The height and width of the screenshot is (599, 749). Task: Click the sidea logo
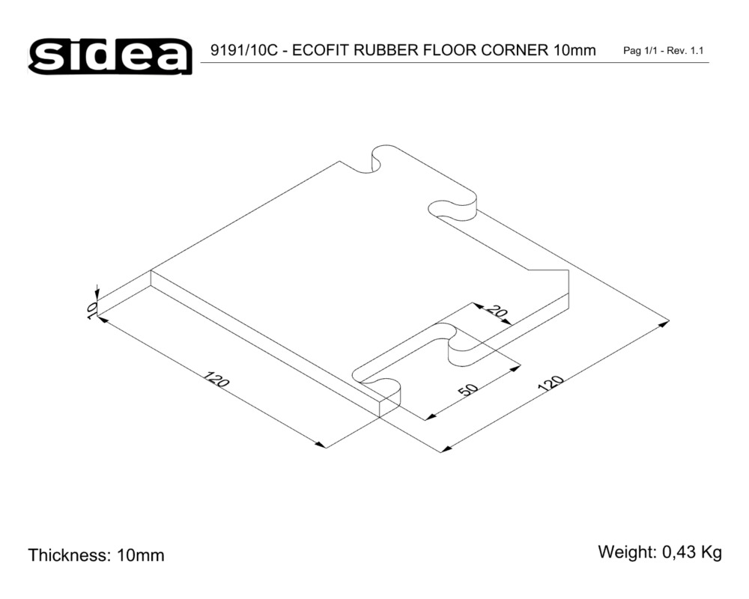[x=110, y=57]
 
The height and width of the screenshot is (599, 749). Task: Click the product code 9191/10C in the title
[x=243, y=50]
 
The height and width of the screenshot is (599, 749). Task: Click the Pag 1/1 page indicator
[x=640, y=51]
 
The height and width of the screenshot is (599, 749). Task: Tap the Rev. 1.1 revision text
[x=685, y=51]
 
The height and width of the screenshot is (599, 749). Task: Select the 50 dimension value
[x=467, y=389]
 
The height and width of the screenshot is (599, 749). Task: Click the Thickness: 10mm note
[x=96, y=555]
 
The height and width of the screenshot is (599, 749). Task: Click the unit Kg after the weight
[x=712, y=553]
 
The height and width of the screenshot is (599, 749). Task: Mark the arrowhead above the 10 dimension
[x=97, y=292]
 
